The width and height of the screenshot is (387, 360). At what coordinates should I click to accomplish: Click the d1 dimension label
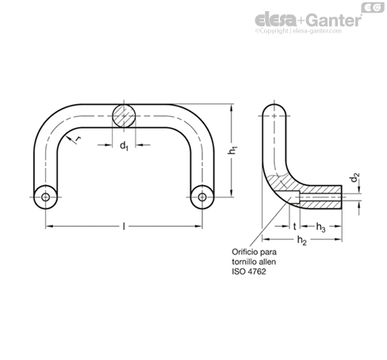(124, 146)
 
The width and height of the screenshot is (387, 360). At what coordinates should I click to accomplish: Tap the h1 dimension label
(232, 151)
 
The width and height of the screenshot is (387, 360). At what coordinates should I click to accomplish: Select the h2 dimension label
(302, 240)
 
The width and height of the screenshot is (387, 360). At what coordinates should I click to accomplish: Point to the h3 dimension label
(321, 227)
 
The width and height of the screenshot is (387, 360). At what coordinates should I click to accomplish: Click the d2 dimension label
(355, 178)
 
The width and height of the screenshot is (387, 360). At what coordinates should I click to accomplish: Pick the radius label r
(78, 139)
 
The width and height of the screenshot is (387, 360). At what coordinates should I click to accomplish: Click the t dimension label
(295, 226)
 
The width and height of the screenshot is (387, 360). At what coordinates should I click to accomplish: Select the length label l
(124, 226)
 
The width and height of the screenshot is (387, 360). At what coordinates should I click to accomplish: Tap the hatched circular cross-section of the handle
(124, 116)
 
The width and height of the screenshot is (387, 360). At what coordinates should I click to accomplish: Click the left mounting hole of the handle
(45, 197)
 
